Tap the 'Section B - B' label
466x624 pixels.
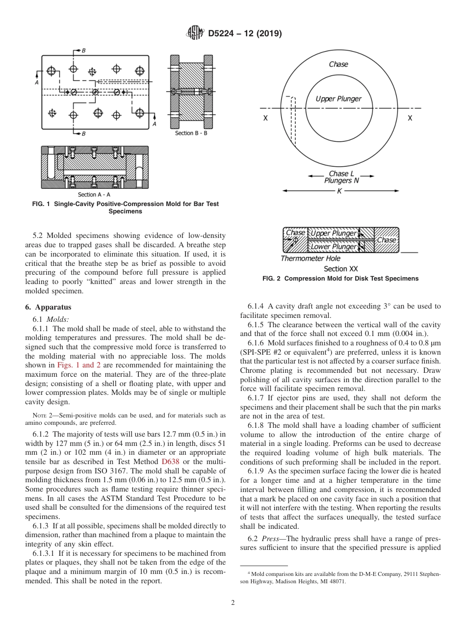click(x=191, y=133)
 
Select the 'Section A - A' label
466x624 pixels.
click(x=94, y=195)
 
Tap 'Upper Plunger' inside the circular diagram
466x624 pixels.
click(x=338, y=99)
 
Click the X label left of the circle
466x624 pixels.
click(x=265, y=118)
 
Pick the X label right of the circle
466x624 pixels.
click(x=410, y=118)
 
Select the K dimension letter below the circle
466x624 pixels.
click(x=339, y=191)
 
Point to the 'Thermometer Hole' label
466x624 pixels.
click(x=310, y=259)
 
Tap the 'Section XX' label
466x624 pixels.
click(x=341, y=269)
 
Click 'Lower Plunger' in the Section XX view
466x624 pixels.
click(x=333, y=247)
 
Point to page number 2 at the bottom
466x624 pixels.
click(x=233, y=603)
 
